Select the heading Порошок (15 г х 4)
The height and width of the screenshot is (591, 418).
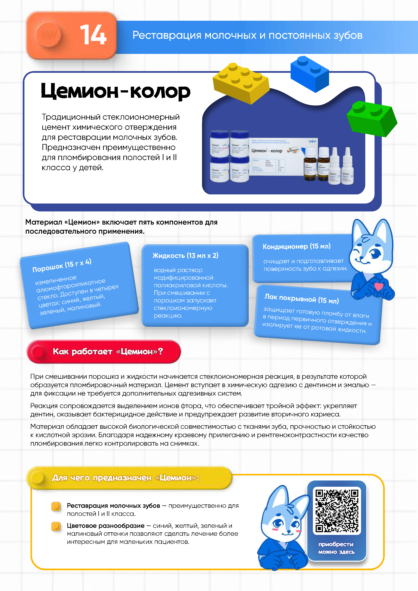pos(62,265)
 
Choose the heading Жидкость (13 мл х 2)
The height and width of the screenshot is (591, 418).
pos(185,256)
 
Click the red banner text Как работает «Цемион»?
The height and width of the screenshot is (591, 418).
pos(108,351)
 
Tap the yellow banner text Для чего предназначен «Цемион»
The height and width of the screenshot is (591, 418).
pos(126,478)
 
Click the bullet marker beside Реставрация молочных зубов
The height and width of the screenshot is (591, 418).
pos(56,506)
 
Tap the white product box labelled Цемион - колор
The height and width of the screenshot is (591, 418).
pos(277,157)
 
